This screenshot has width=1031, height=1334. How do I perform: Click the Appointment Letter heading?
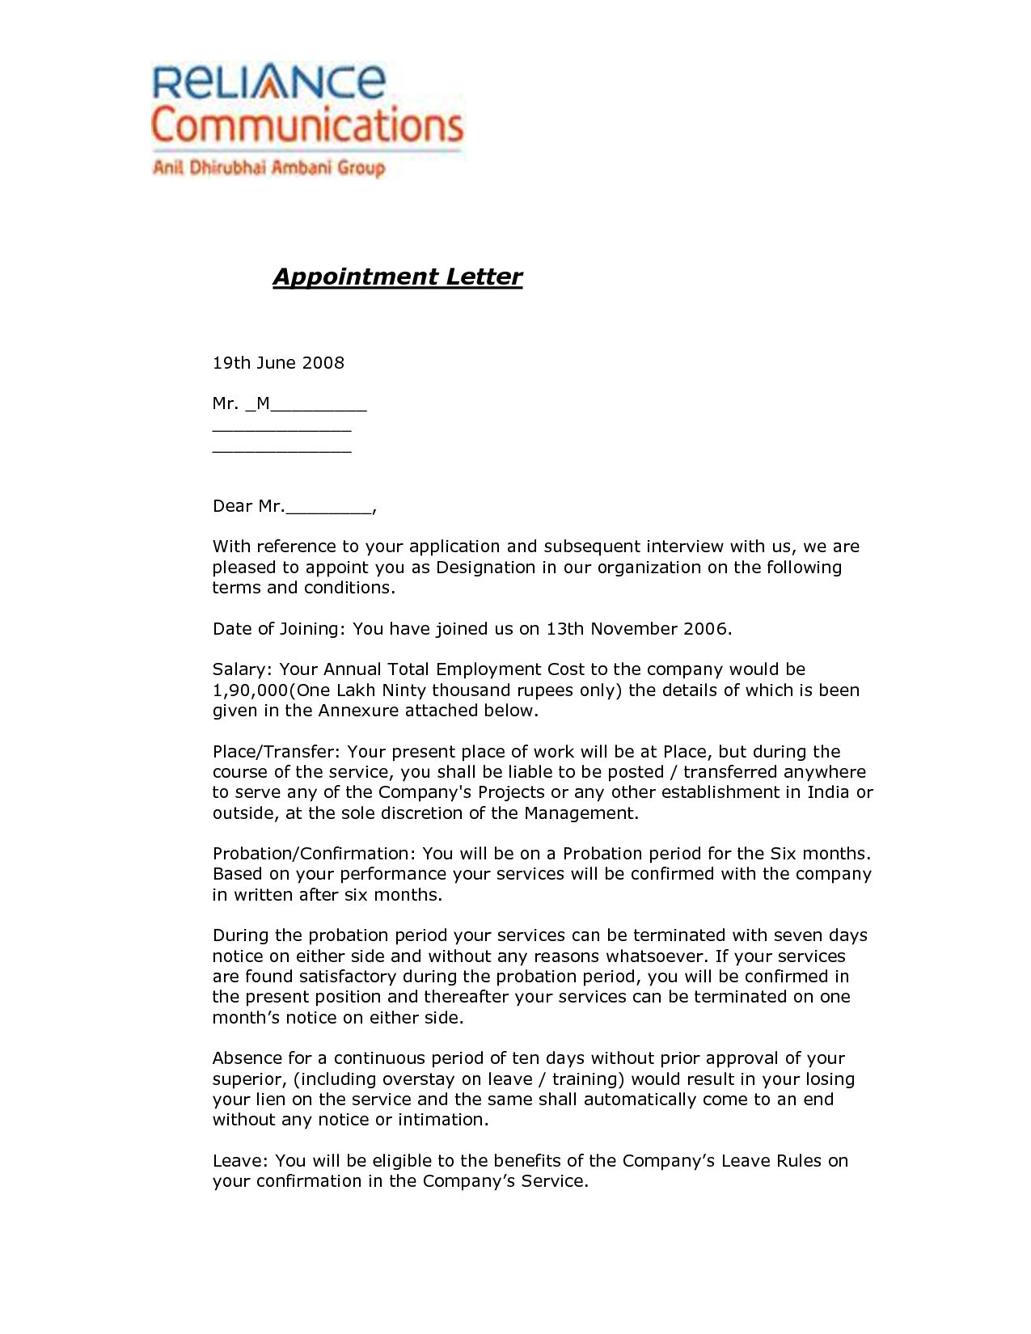(397, 277)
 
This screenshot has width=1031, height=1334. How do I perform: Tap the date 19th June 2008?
(278, 363)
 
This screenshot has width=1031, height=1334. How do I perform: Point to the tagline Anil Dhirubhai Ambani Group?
(268, 168)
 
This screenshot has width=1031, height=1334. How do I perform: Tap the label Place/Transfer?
(277, 752)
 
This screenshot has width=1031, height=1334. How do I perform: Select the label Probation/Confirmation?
(315, 854)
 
